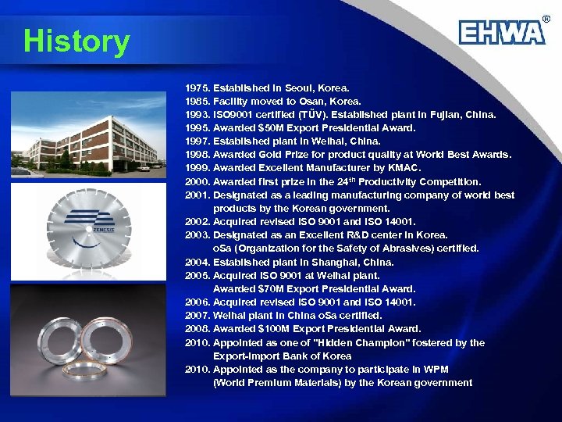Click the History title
(76, 41)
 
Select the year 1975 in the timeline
(197, 88)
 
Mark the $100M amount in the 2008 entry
(274, 328)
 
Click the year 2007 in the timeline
(197, 315)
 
